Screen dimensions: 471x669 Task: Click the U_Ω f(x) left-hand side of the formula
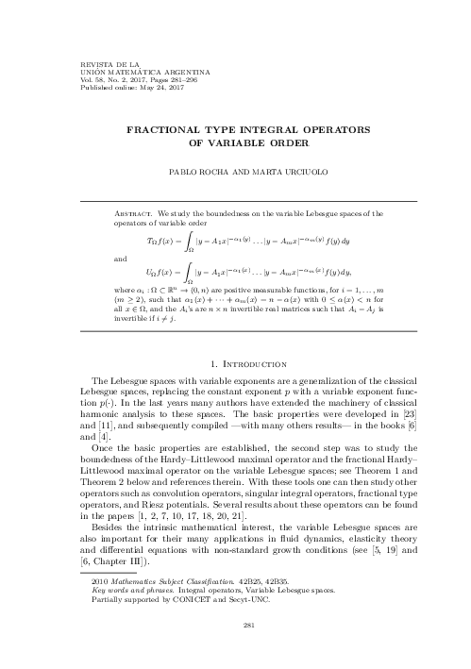pyautogui.click(x=166, y=274)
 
